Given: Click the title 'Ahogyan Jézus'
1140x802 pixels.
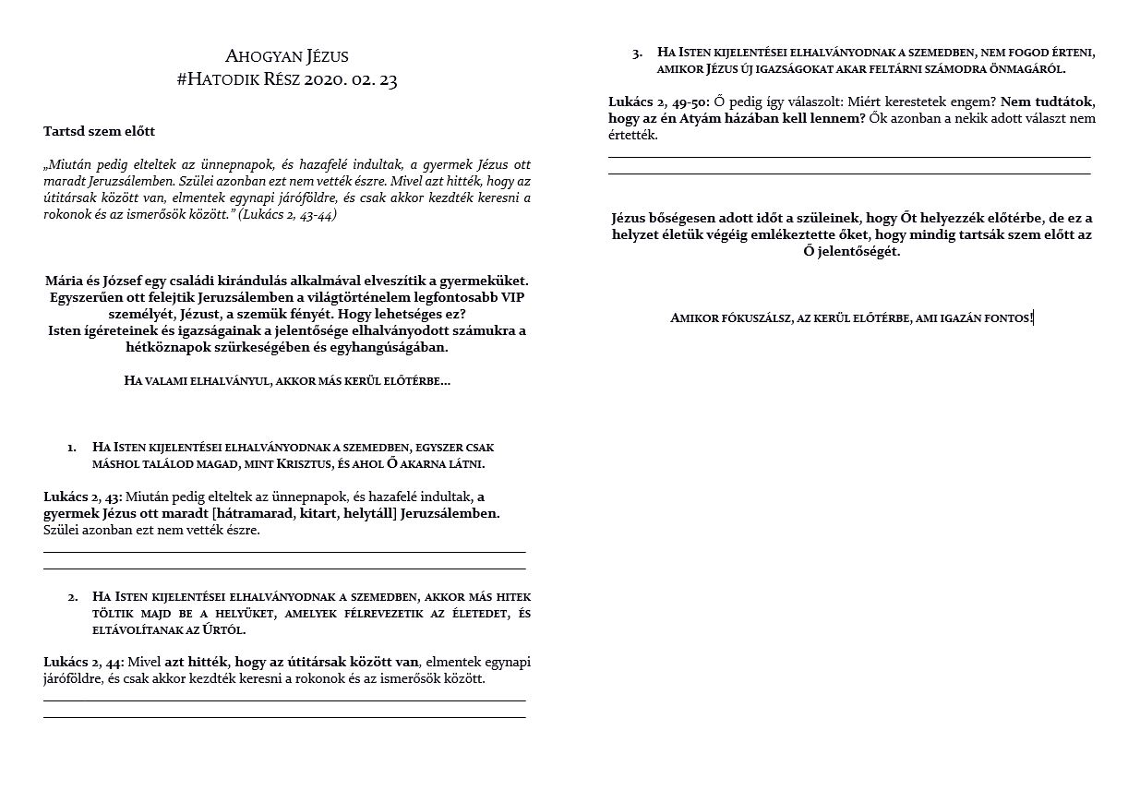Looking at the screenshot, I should point(287,56).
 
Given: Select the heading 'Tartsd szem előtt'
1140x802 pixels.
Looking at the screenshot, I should point(92,132).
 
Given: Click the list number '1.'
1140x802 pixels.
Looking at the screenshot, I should point(72,448).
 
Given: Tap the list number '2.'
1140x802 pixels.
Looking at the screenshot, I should point(72,597).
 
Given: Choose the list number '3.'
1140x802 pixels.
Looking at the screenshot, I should point(637,53).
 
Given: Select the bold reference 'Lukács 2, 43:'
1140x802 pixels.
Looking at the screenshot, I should point(81,497).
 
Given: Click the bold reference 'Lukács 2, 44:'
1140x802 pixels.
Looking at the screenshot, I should point(81,662).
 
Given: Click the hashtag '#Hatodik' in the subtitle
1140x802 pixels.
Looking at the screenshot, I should point(212,80).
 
